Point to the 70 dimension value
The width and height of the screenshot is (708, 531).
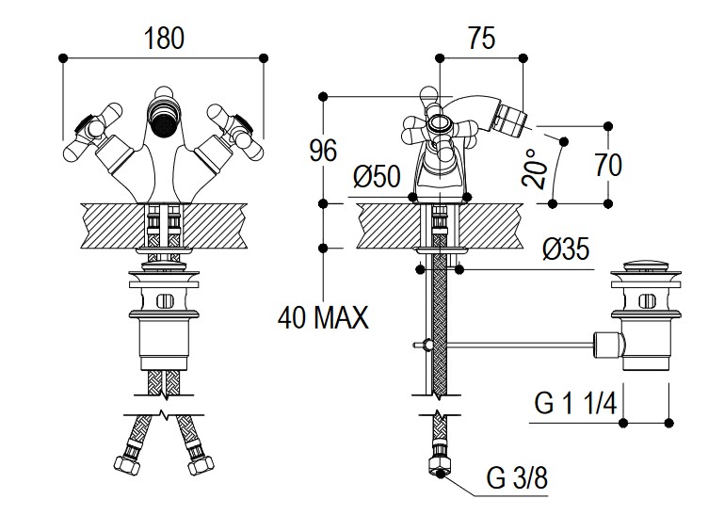(x=608, y=165)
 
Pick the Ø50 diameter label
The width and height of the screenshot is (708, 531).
(x=377, y=176)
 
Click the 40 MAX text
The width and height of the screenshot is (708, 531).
(x=323, y=318)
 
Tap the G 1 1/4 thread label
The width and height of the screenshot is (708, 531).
(x=575, y=404)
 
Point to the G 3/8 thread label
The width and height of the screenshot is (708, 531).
(x=516, y=478)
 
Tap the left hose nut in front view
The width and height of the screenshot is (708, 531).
(x=124, y=464)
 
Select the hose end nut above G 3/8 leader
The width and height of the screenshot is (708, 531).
(x=438, y=464)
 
